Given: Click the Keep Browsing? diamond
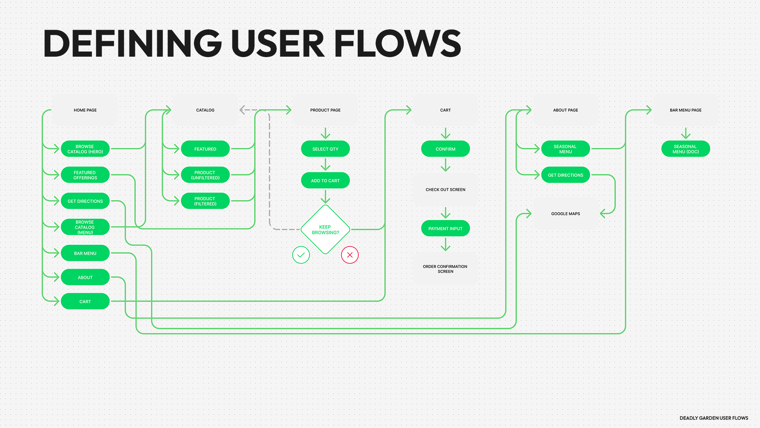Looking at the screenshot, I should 325,229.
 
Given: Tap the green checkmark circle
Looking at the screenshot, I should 301,255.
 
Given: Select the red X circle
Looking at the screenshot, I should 350,255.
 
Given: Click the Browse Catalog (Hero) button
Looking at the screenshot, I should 85,149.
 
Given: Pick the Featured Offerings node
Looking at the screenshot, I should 85,175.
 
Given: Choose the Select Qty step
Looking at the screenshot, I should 325,149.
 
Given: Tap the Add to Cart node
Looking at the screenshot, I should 325,181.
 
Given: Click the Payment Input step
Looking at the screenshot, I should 445,229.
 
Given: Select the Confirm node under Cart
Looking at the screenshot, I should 445,149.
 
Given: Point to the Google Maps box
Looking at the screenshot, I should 565,214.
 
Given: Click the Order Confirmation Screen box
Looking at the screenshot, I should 445,269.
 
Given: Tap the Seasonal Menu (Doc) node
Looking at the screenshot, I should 686,149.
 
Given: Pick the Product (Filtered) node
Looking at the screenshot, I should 205,201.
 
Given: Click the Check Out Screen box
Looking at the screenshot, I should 445,189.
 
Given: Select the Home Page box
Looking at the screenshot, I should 85,110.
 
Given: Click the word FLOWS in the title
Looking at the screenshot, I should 397,44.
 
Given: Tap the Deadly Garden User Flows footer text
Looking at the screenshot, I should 714,418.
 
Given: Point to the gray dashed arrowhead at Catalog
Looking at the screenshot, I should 243,110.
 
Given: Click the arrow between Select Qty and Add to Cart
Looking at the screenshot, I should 325,164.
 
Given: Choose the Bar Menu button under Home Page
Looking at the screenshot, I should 85,253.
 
